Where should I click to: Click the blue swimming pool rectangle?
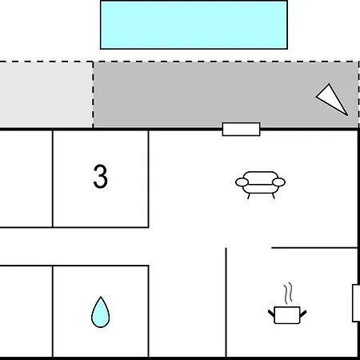click(194, 25)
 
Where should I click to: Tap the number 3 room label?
click(100, 177)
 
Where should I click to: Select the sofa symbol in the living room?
click(260, 185)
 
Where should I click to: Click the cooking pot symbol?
click(287, 314)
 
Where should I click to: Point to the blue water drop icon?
click(100, 313)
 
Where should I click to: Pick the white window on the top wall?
click(241, 130)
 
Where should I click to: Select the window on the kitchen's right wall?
click(356, 303)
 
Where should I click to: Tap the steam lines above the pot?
click(288, 294)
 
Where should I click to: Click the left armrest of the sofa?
click(242, 182)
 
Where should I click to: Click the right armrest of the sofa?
click(278, 182)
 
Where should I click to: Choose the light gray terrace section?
click(46, 94)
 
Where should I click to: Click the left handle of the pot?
click(271, 314)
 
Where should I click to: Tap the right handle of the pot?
click(303, 314)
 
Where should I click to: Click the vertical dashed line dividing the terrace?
click(93, 94)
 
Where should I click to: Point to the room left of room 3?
click(26, 178)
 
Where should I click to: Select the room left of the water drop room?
click(26, 311)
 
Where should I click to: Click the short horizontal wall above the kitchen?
click(314, 248)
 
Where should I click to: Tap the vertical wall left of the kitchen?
click(226, 302)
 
